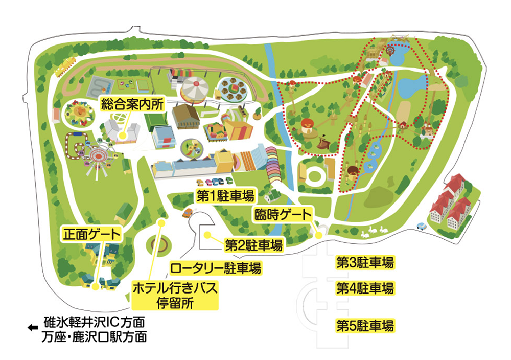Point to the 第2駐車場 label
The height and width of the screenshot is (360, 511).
click(x=253, y=246)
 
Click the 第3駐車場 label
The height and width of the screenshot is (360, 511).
click(x=365, y=263)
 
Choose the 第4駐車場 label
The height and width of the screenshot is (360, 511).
click(x=365, y=288)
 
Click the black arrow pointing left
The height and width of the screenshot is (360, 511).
click(x=33, y=328)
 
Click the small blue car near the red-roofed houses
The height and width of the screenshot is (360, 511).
click(x=422, y=227)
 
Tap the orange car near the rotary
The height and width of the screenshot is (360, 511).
click(x=188, y=213)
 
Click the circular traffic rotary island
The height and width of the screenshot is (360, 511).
click(x=160, y=245)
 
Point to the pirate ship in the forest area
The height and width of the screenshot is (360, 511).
click(x=323, y=142)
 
